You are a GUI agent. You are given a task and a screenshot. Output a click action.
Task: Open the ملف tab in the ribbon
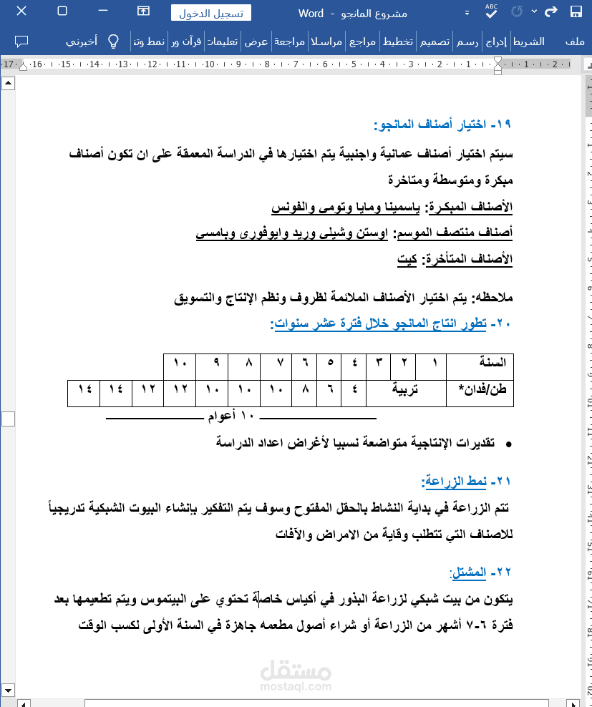(574, 42)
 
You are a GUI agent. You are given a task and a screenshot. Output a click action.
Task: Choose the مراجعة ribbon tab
(289, 42)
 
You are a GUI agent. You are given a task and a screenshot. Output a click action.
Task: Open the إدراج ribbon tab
(495, 42)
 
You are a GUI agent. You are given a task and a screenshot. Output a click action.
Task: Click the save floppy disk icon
(576, 12)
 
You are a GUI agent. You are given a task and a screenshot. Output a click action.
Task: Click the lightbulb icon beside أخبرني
(113, 41)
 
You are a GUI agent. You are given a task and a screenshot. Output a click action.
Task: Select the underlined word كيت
(408, 259)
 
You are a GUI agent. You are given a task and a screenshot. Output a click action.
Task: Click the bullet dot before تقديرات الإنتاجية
(509, 444)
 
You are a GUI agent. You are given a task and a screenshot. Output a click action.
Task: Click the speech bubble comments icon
(21, 41)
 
